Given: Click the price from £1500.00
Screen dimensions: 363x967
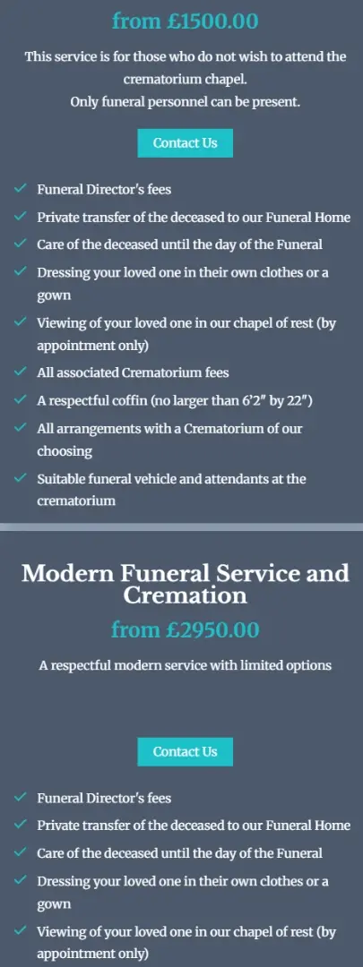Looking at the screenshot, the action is pos(185,20).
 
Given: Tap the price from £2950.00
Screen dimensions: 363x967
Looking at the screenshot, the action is pos(185,630).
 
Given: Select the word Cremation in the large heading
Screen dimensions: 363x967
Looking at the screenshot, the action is pos(185,595).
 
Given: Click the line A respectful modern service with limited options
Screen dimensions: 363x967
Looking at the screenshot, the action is pos(185,665).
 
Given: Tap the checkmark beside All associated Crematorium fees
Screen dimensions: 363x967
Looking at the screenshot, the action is pos(21,372).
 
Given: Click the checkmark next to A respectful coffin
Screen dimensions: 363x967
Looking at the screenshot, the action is pos(21,400).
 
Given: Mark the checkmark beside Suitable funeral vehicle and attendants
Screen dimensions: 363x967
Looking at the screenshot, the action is pos(21,479).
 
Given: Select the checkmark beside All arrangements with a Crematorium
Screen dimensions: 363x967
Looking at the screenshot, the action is pos(21,429).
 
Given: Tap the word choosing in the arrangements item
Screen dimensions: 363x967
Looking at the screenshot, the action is pos(65,451).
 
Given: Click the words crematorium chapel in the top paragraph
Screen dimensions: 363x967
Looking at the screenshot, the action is pos(185,79).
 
